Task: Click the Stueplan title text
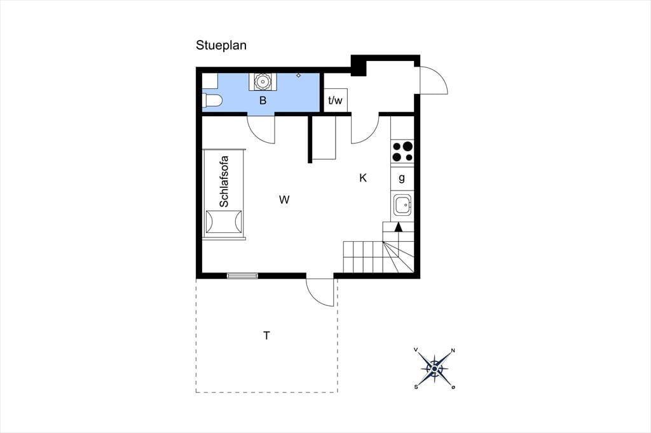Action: click(221, 45)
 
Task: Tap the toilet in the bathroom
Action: click(212, 100)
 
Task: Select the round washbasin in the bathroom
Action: click(262, 81)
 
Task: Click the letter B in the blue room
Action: click(263, 100)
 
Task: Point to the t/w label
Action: click(335, 100)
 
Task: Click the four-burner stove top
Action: click(402, 151)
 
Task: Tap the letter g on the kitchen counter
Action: click(402, 178)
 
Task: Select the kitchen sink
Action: click(402, 204)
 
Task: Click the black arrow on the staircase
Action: click(398, 227)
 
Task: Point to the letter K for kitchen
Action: click(363, 178)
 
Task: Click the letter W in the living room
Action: click(284, 200)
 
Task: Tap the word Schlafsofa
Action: click(224, 181)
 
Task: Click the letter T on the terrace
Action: click(266, 335)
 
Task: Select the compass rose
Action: click(434, 368)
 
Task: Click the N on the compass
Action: click(453, 350)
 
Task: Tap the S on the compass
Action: click(416, 387)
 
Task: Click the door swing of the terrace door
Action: click(315, 298)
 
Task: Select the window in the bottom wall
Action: click(242, 276)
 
